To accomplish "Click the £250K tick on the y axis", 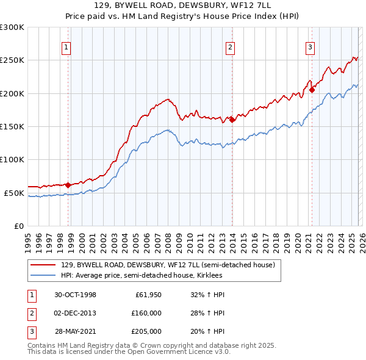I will click(x=12, y=60).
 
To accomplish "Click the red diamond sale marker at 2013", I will click(x=232, y=120).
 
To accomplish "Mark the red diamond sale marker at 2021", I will click(x=312, y=90).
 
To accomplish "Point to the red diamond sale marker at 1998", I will click(x=68, y=184).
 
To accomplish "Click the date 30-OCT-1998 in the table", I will click(x=75, y=295).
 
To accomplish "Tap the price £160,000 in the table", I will click(x=146, y=313).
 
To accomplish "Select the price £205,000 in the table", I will click(x=146, y=331).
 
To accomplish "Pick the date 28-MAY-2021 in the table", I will click(x=75, y=331).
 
